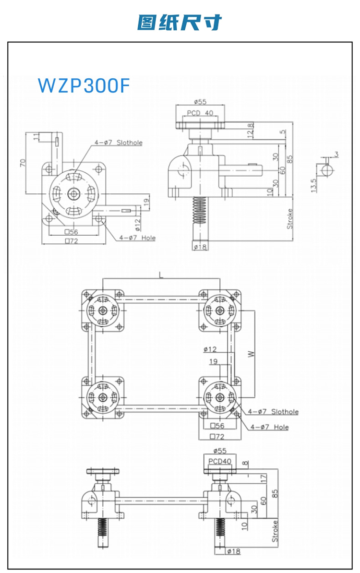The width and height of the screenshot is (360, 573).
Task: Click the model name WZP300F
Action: [x=84, y=85]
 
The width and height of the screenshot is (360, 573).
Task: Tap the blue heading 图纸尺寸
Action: [x=180, y=22]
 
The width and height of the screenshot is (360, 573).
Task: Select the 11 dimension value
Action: [x=36, y=137]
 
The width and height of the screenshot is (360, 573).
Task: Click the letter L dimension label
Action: [x=161, y=275]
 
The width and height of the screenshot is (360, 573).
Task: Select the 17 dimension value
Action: [x=263, y=478]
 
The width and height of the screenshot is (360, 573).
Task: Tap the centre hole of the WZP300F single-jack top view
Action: [x=73, y=193]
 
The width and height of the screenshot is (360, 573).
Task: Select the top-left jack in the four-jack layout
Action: [x=103, y=310]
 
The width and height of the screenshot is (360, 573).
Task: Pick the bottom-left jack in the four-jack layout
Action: [x=103, y=397]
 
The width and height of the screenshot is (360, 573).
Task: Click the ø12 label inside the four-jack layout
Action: [x=210, y=349]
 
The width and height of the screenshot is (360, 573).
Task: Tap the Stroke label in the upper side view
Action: [x=289, y=218]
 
